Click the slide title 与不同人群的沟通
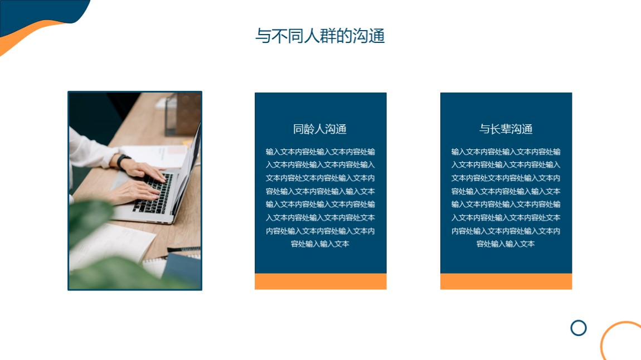320,36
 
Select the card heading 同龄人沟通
320,129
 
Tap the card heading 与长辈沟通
506,129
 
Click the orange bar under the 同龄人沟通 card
320,281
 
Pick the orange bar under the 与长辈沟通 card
506,281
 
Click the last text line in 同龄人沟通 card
320,244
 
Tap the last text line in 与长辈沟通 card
506,244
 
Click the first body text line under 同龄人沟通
320,152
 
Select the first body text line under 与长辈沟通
506,152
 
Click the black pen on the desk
183,249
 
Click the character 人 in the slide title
312,36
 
